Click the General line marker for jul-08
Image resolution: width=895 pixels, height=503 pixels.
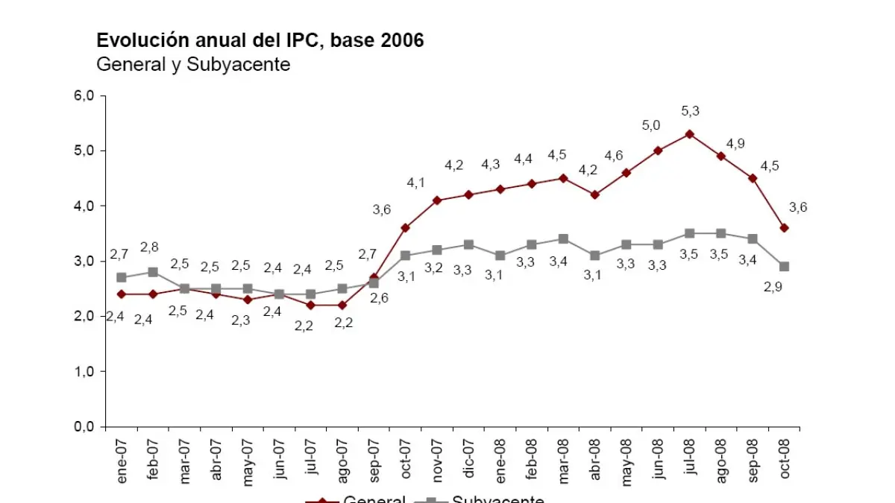pos(690,134)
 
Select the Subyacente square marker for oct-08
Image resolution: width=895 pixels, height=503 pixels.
pos(785,266)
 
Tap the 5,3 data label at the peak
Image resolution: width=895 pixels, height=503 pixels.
pos(690,111)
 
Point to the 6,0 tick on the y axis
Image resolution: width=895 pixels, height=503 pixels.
pos(84,95)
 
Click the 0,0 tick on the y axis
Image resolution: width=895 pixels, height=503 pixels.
pos(84,427)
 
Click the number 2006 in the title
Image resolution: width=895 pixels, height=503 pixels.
pos(402,40)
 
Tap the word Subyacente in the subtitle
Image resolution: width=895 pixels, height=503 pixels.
pos(238,64)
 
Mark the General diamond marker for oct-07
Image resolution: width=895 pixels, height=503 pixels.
pos(405,227)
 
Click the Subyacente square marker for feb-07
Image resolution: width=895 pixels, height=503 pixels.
pos(153,272)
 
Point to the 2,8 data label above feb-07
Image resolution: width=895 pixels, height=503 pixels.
pos(150,247)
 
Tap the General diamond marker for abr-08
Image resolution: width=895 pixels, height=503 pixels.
pos(595,194)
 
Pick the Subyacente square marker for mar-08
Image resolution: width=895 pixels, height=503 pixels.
pos(563,239)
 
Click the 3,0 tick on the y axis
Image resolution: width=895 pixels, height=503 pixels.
pos(84,262)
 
